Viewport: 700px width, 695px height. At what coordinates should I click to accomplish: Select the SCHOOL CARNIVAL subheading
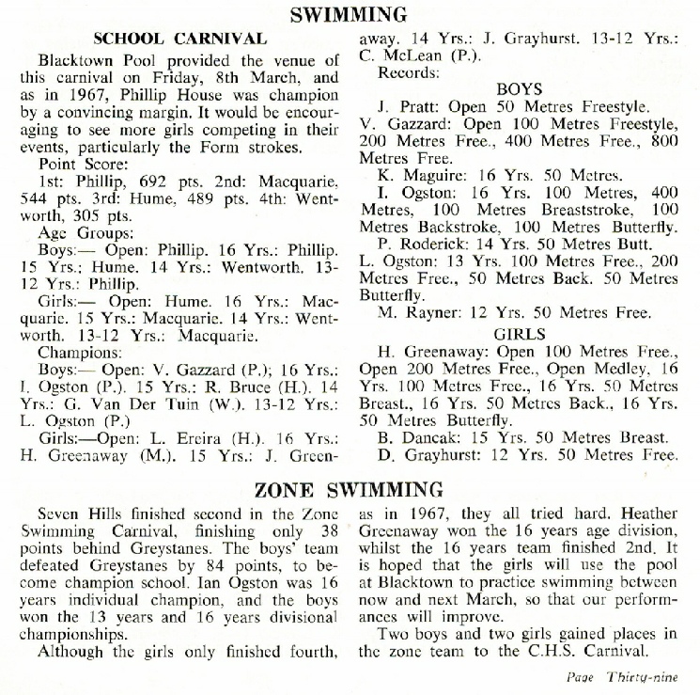(x=180, y=39)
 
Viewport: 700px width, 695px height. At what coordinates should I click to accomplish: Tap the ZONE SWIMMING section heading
(x=350, y=489)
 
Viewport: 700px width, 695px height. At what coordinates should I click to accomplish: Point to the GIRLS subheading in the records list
(x=520, y=333)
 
